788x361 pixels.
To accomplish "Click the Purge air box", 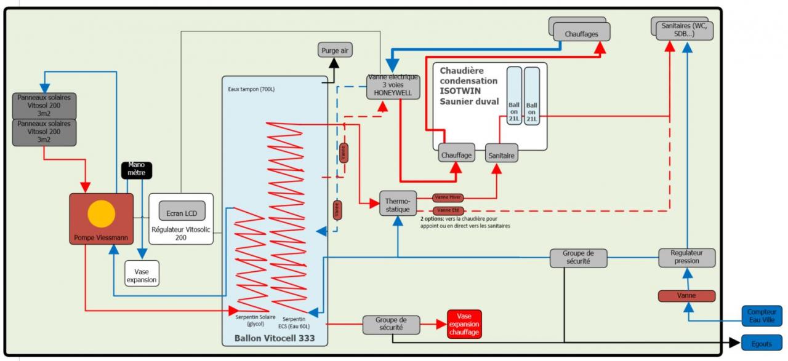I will [336, 50].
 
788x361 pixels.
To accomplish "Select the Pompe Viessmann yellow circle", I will [102, 214].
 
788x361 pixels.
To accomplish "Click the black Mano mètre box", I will [137, 169].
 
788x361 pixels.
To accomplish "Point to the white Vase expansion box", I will [142, 273].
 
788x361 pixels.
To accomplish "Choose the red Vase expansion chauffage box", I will [464, 324].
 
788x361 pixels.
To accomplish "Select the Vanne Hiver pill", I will [448, 197].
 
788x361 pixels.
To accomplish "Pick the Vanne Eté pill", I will [448, 210].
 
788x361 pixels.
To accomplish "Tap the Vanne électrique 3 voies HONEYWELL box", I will [393, 86].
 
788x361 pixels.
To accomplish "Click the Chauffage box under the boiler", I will [456, 155].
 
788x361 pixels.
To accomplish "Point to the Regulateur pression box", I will [686, 257].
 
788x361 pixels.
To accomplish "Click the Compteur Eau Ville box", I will [762, 316].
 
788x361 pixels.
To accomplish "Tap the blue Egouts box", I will [762, 343].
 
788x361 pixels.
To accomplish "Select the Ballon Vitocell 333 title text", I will [275, 338].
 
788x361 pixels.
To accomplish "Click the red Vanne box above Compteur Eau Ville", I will [686, 296].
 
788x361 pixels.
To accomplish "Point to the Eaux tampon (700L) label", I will [251, 89].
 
